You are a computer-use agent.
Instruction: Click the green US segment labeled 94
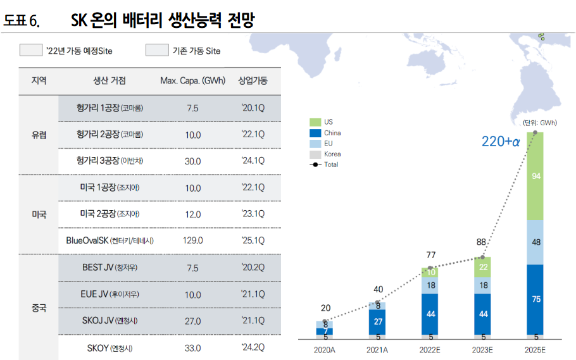(535, 177)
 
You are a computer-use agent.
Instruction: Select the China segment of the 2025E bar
(535, 299)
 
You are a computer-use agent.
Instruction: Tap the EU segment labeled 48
(535, 242)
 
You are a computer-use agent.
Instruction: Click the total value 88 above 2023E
(482, 242)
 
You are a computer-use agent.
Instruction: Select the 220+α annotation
(500, 142)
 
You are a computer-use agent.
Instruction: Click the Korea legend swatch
(315, 154)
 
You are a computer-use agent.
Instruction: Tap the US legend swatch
(315, 121)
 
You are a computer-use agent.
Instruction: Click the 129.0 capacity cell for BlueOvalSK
(192, 240)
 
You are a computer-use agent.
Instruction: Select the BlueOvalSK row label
(110, 240)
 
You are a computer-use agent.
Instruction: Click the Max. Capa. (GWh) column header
(192, 81)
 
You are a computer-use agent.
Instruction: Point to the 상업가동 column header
(253, 81)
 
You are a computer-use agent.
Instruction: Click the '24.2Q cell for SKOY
(253, 347)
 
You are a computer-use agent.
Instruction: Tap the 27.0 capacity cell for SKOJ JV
(192, 321)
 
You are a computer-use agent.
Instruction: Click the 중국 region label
(39, 308)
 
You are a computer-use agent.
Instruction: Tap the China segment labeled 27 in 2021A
(378, 321)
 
